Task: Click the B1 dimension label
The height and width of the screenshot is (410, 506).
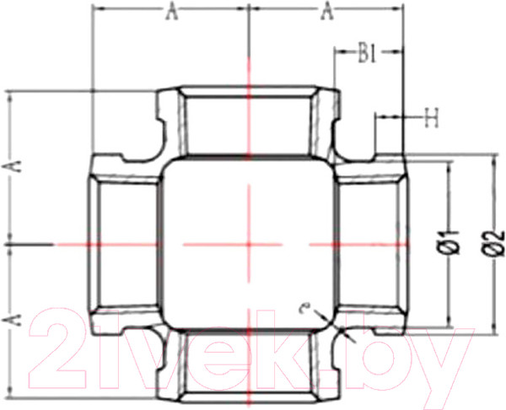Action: coord(367,56)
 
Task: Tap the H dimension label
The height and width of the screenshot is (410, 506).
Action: coord(431,119)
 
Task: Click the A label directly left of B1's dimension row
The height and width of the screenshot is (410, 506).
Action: coord(324,11)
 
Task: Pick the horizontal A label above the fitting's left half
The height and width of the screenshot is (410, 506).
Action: coord(171,11)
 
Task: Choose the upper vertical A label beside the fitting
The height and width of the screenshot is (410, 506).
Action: coord(12,167)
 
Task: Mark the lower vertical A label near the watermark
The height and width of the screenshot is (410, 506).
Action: coord(12,319)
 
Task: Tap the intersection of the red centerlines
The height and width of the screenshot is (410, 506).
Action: coord(248,244)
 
